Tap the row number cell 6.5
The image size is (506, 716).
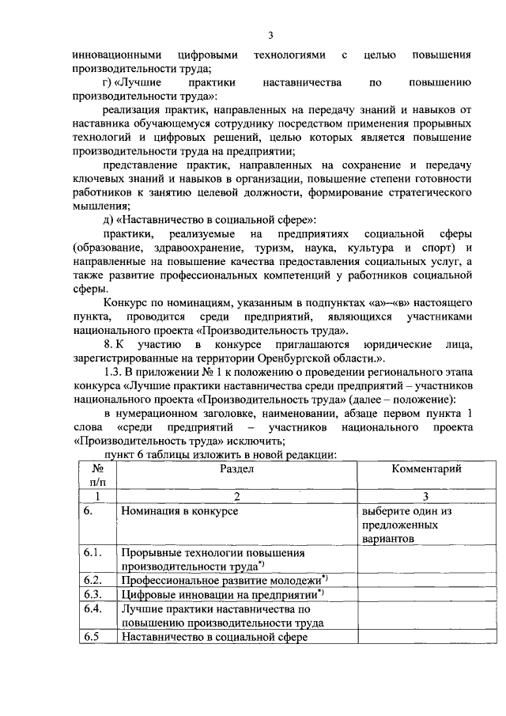coord(93,636)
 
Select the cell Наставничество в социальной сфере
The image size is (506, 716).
coord(213,637)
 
